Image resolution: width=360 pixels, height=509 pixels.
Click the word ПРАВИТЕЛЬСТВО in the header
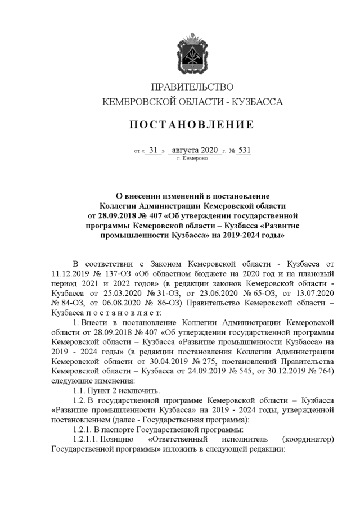pos(192,87)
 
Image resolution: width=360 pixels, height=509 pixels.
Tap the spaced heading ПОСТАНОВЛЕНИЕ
pos(192,124)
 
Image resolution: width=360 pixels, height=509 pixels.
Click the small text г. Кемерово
pos(192,159)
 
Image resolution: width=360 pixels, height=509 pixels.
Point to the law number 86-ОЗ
pos(141,304)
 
